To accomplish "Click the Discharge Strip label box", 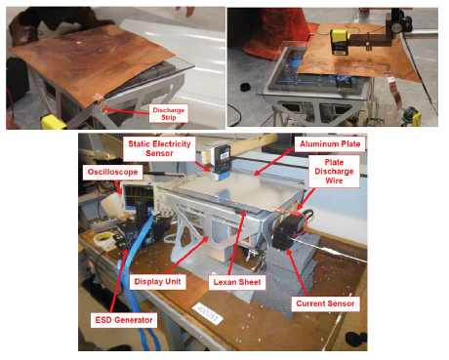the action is tap(169, 113).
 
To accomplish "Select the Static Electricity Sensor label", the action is tap(159, 148).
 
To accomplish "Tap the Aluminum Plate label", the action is tap(330, 144).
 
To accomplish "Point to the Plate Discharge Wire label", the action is tap(334, 172).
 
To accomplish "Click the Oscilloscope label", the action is tap(112, 172).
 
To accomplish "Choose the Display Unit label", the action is tap(157, 282).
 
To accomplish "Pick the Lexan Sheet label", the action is tap(237, 282).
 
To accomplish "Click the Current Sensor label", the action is tap(325, 303).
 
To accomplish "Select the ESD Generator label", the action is tap(124, 320).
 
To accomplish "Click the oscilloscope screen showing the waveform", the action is tap(139, 196).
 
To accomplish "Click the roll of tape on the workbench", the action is tap(102, 239).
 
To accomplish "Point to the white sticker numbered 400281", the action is tap(208, 313).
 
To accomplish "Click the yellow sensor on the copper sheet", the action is tap(340, 42).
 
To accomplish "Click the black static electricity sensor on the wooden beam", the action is tap(223, 160).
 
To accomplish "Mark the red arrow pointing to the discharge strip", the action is tap(128, 111).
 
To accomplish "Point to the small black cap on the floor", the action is tap(245, 87).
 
